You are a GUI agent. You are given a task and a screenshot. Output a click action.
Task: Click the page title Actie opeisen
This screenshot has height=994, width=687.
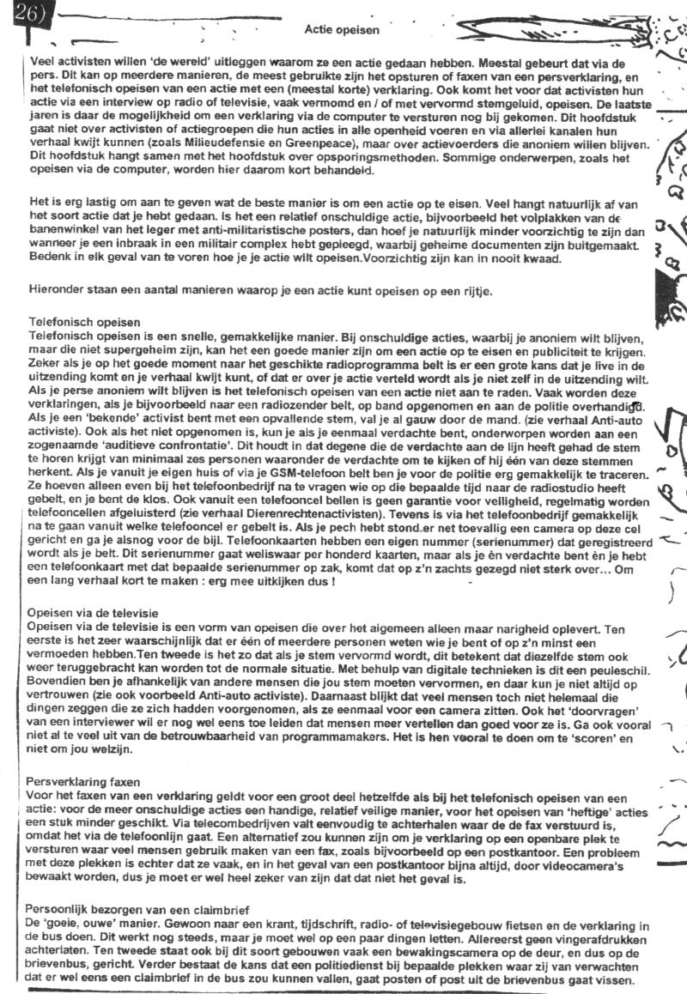[x=341, y=29]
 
